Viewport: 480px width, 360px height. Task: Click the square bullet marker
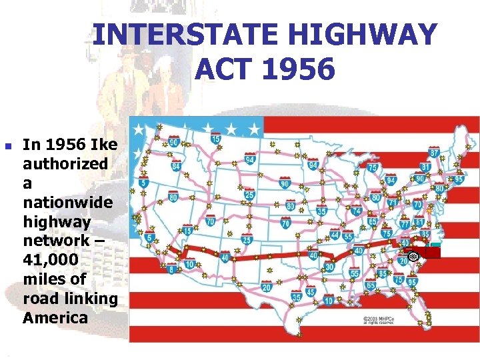[8, 145]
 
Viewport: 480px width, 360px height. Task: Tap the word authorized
[65, 163]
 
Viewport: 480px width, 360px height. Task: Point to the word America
[55, 317]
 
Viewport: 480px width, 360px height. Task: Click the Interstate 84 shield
[176, 166]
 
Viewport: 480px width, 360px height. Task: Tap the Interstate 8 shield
[171, 269]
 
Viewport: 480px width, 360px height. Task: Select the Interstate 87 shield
[434, 153]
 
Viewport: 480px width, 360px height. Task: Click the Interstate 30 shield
[329, 267]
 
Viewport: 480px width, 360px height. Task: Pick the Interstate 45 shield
[310, 292]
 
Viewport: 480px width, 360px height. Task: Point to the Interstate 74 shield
[356, 211]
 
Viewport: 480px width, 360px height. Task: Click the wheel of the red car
[413, 257]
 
